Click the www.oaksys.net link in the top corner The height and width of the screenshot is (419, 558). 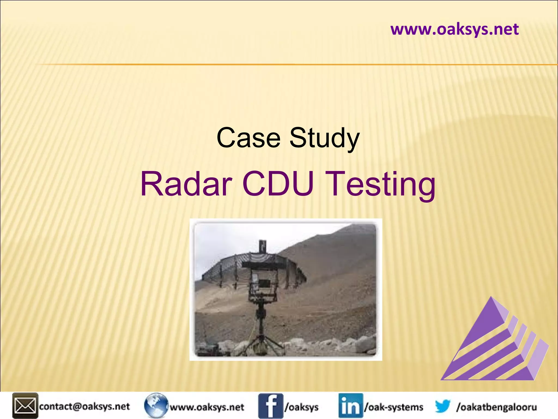tap(454, 29)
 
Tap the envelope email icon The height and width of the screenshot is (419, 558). tap(25, 406)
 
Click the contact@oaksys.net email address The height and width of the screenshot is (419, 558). tap(84, 406)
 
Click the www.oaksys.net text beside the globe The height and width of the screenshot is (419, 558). tap(207, 407)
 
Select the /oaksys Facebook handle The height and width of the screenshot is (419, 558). tap(301, 407)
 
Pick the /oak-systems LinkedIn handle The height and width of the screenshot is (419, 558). tap(394, 407)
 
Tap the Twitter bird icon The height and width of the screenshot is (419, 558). tap(442, 406)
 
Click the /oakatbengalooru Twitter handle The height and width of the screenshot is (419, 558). tap(497, 407)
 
